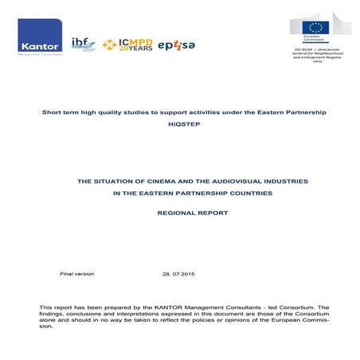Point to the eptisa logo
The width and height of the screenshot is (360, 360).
pyautogui.click(x=177, y=45)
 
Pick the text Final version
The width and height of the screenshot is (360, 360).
pyautogui.click(x=77, y=274)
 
